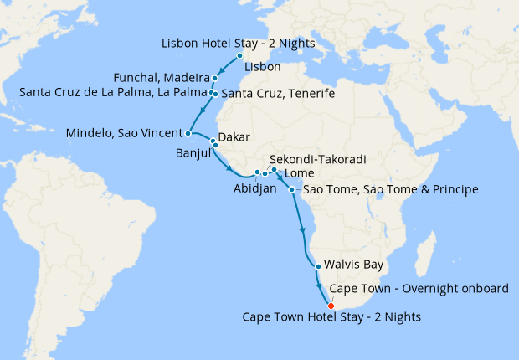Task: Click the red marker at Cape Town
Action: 331,306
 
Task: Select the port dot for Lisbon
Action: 240,57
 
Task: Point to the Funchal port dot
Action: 215,79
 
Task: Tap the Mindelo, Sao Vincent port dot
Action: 188,132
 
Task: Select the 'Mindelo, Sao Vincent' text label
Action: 126,132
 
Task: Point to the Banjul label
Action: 194,153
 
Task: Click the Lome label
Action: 300,173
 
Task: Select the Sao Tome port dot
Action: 291,190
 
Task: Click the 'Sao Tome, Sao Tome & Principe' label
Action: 389,190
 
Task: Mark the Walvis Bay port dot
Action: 318,267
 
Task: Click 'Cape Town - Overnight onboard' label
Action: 419,289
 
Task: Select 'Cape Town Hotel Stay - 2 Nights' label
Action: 331,317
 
